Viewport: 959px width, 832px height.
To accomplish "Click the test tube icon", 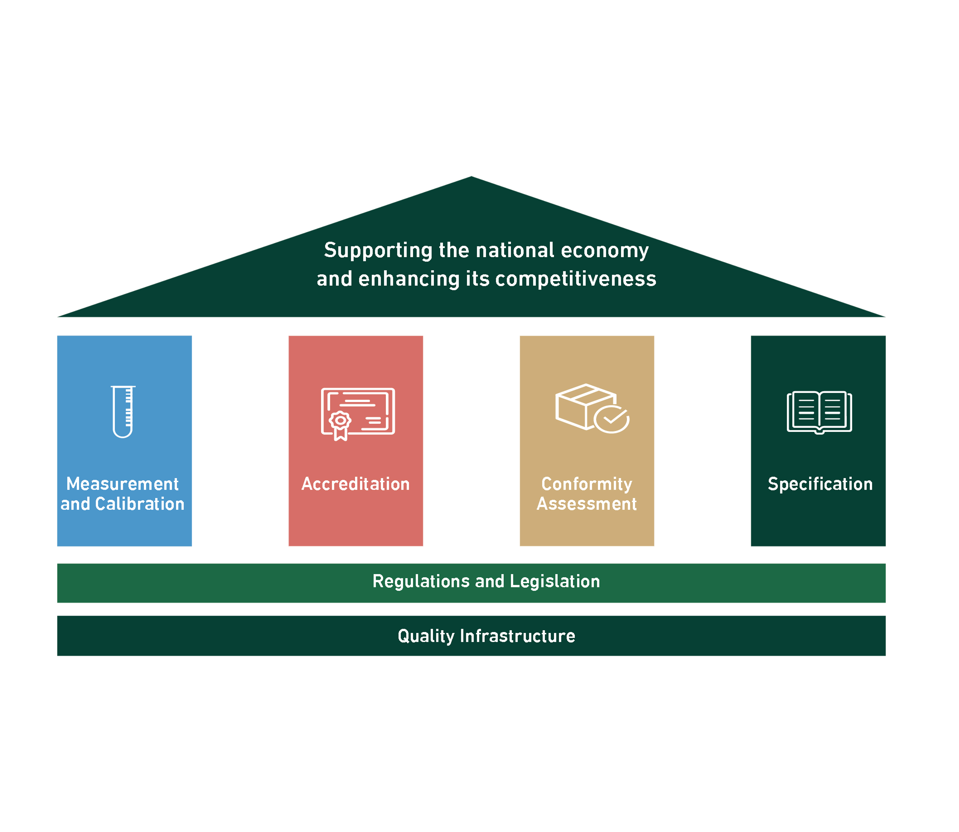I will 123,412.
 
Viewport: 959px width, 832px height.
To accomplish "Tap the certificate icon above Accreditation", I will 358,413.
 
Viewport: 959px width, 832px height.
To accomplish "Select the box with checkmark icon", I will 591,409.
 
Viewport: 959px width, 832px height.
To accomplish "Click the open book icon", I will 819,412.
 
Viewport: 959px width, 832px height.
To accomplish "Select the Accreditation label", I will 356,484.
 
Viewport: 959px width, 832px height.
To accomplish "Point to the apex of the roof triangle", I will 471,178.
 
